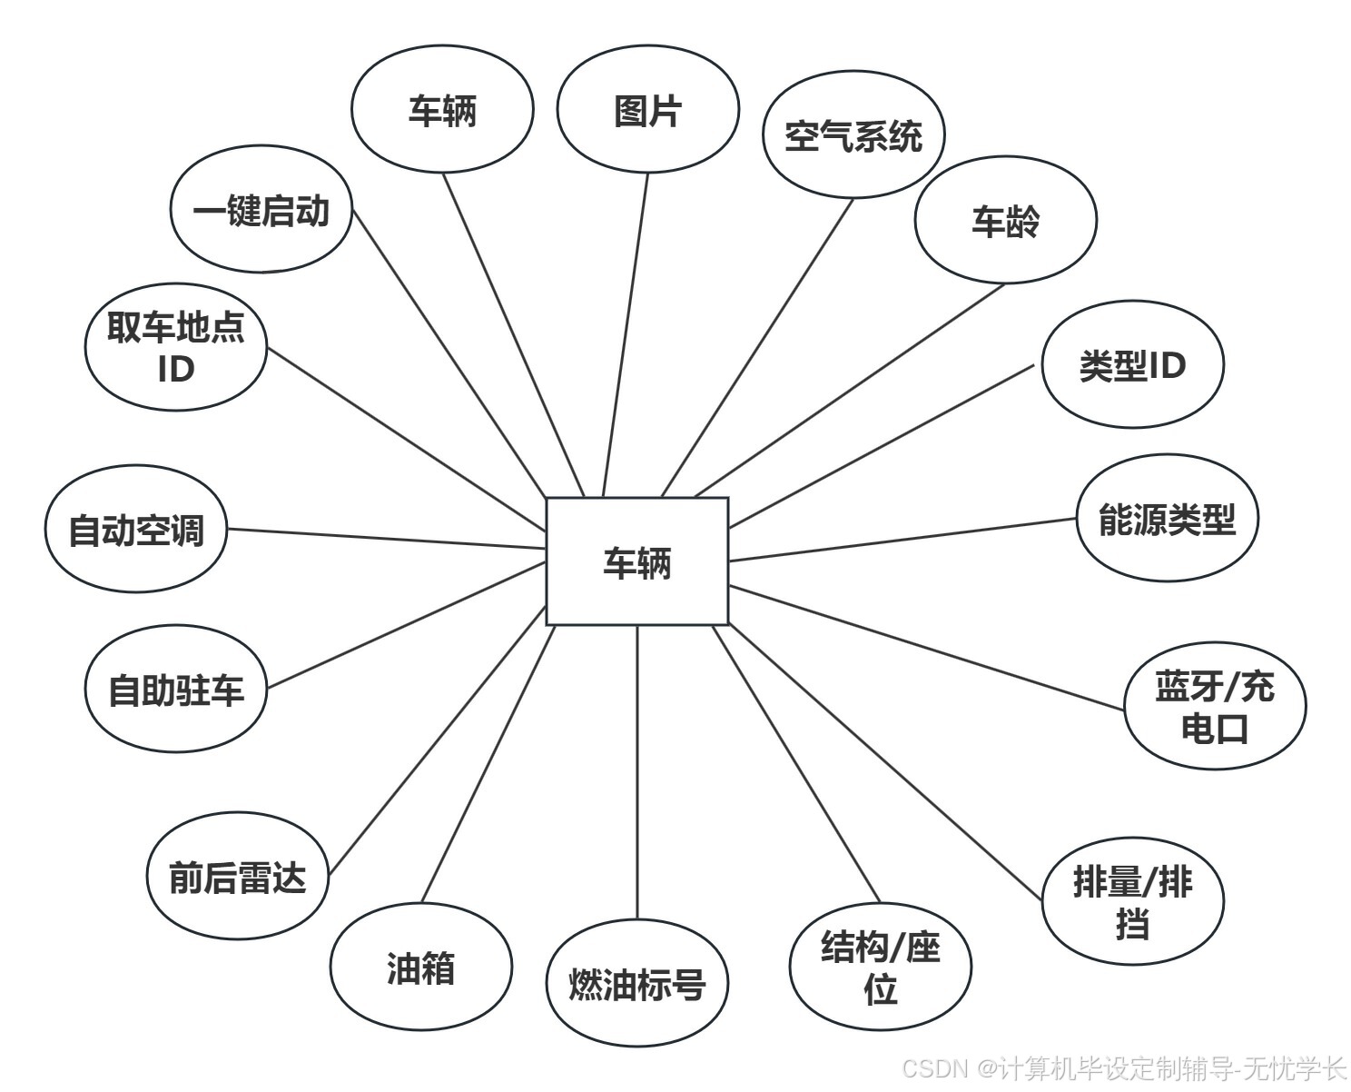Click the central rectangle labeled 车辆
tap(636, 561)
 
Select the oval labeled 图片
tap(647, 110)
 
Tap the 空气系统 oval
tap(853, 135)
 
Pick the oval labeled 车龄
tap(1005, 221)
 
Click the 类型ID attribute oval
tap(1132, 364)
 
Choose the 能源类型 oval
tap(1167, 519)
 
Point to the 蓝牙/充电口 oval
tap(1214, 706)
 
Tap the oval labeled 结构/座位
tap(880, 967)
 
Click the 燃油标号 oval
tap(637, 984)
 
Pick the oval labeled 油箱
tap(420, 968)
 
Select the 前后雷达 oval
tap(237, 877)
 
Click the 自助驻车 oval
tap(176, 690)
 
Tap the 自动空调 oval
tap(136, 530)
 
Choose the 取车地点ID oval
tap(176, 347)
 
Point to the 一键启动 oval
tap(261, 210)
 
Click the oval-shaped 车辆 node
tap(442, 110)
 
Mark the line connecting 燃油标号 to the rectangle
tap(637, 772)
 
